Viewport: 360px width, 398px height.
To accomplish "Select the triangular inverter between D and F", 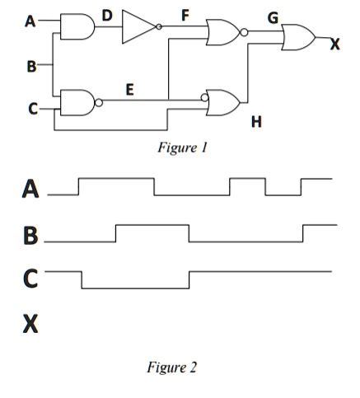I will (x=138, y=26).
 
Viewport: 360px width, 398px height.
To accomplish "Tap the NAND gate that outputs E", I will (x=77, y=102).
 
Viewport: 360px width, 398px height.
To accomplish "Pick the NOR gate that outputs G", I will (x=223, y=33).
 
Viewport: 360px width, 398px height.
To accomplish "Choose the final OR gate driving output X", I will (x=297, y=37).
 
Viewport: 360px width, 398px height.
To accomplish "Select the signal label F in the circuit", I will (x=185, y=14).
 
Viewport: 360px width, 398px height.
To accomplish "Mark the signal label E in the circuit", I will (x=130, y=89).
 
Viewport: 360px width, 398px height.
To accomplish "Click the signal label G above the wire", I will (x=272, y=17).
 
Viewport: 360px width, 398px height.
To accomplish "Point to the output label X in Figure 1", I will (x=334, y=44).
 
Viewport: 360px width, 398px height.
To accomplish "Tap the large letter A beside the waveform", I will (x=30, y=191).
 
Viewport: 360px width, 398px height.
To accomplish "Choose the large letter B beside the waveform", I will (x=30, y=236).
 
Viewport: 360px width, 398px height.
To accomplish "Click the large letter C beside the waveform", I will (x=30, y=279).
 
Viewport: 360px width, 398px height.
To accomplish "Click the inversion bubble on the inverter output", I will (x=159, y=27).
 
